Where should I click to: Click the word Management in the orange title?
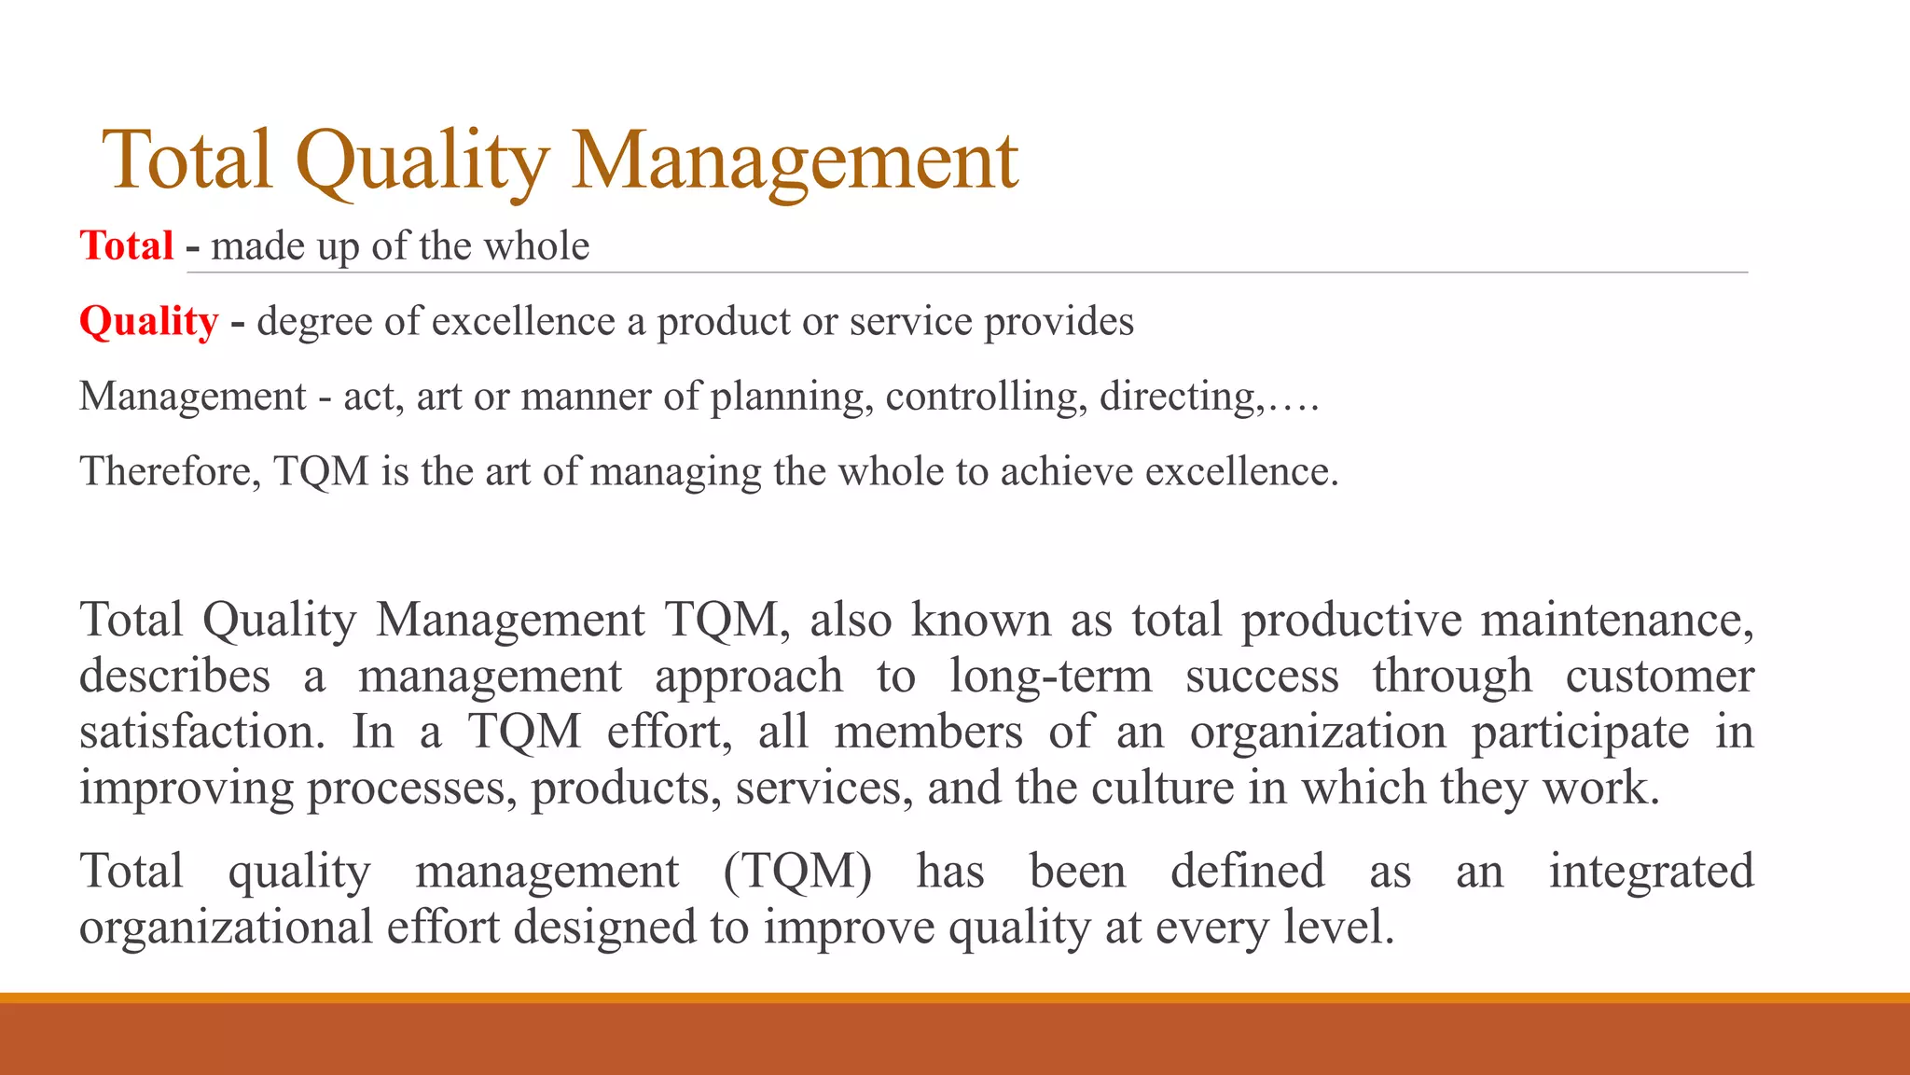coord(795,161)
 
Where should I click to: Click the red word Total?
coord(127,246)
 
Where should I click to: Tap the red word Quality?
coord(149,321)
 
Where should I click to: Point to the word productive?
coord(1351,620)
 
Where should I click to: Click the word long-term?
coord(1051,676)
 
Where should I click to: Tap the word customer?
coord(1660,676)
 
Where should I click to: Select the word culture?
coord(1163,788)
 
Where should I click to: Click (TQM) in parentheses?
coord(797,872)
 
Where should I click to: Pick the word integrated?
coord(1652,872)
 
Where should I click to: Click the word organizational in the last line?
coord(226,928)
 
